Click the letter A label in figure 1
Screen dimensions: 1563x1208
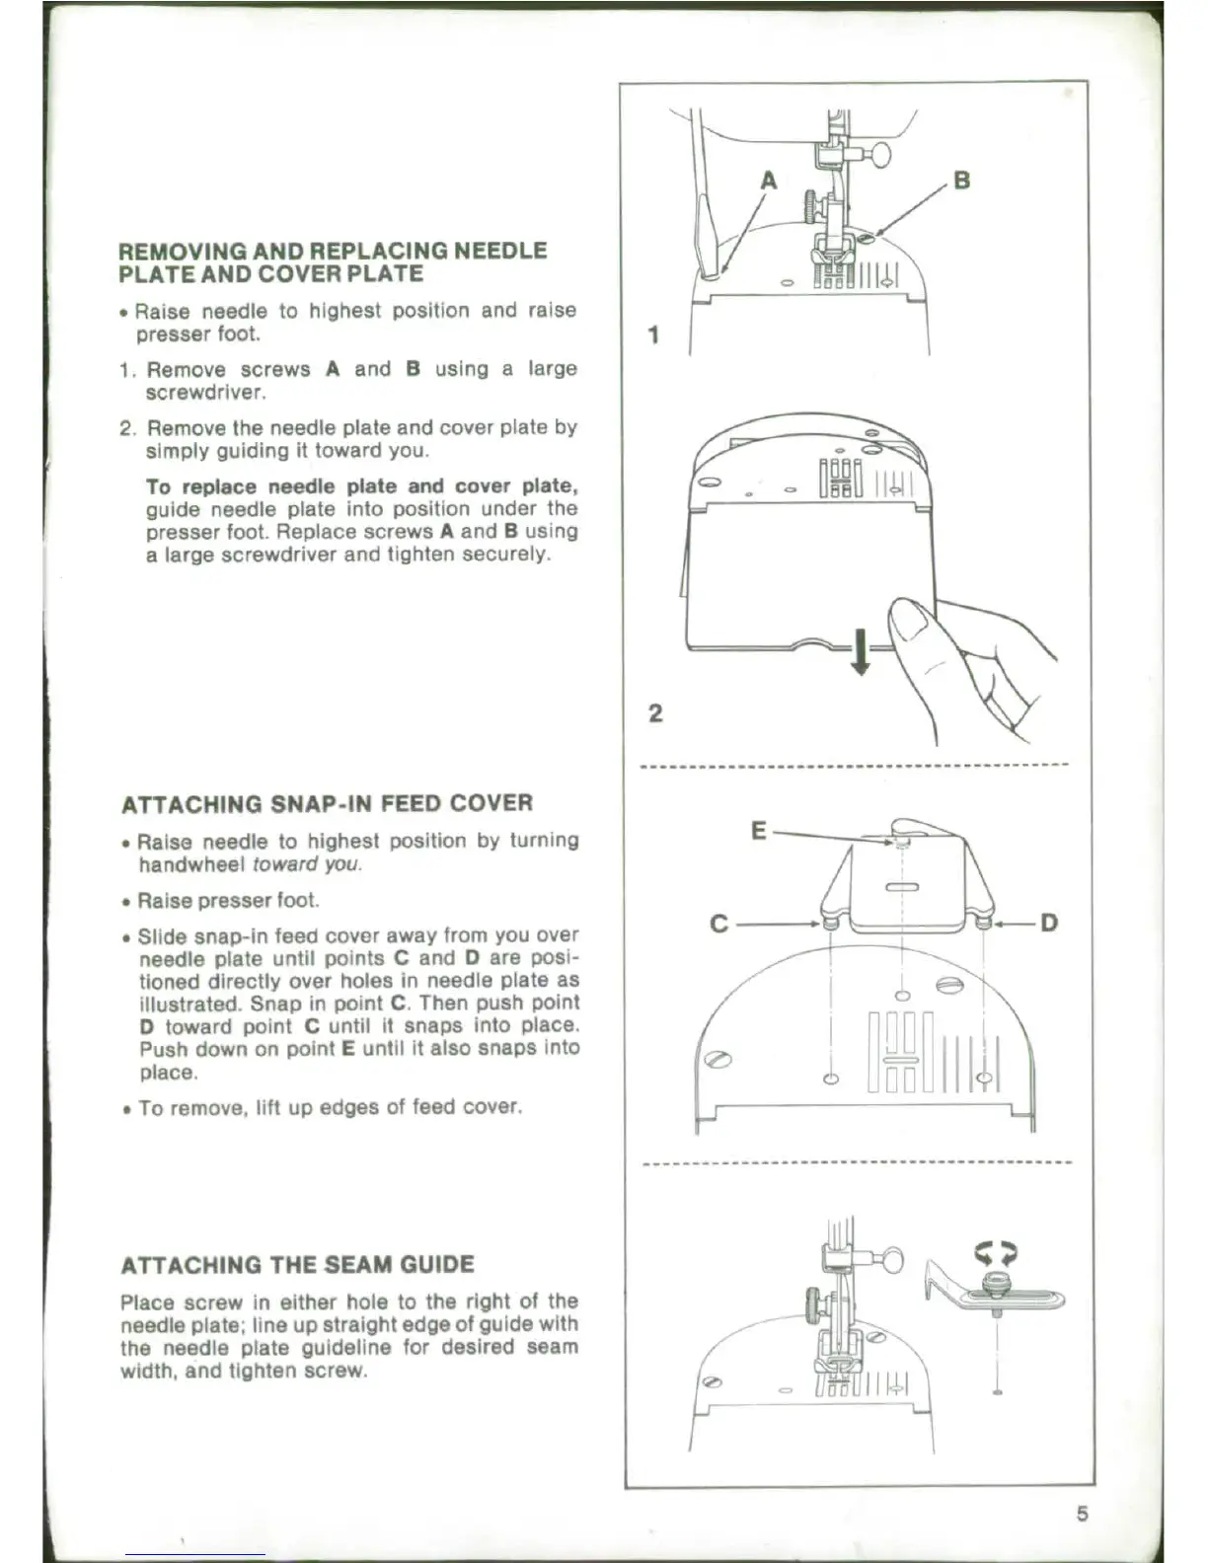point(769,181)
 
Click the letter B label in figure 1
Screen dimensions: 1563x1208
point(962,181)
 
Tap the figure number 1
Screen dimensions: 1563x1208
point(653,335)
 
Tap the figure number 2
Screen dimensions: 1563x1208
point(655,712)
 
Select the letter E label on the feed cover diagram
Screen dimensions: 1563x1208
point(758,831)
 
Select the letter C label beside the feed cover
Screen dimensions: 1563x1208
point(719,925)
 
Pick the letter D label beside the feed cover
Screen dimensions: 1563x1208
point(1049,924)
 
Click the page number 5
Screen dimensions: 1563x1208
point(1083,1515)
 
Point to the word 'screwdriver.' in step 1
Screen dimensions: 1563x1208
point(205,393)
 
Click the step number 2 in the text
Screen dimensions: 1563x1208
point(126,428)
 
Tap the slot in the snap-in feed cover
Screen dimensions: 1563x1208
point(903,888)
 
